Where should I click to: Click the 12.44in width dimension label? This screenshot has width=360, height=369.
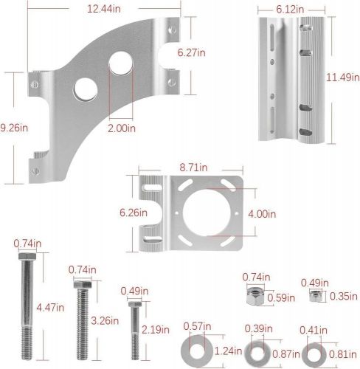point(104,9)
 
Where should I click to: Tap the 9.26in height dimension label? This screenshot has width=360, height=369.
point(14,128)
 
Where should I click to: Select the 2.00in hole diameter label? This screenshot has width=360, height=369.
point(122,128)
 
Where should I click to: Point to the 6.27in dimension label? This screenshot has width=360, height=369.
point(192,52)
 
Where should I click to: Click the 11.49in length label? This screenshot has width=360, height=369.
point(343,77)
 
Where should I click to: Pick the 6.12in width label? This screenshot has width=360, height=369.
point(290,10)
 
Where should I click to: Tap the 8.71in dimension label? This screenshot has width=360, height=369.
point(193,168)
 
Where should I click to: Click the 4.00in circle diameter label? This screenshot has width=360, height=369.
point(262,214)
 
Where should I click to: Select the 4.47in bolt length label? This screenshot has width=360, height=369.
point(50,308)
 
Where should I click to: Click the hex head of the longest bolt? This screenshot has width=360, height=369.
point(27,256)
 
